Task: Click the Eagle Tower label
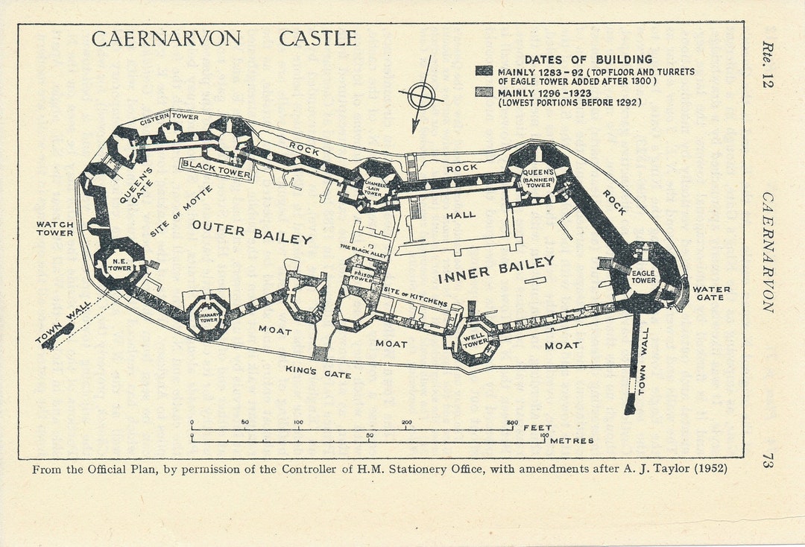(x=643, y=276)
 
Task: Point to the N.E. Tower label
(x=119, y=265)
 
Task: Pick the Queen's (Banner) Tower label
(x=538, y=179)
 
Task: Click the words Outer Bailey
(x=251, y=233)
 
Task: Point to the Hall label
(x=461, y=215)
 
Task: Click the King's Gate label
(x=318, y=372)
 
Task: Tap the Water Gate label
(x=711, y=294)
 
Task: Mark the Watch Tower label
(x=55, y=228)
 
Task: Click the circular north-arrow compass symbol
(x=421, y=95)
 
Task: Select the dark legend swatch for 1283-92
(x=484, y=72)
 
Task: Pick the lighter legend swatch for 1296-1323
(x=484, y=92)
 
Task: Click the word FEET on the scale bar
(x=537, y=428)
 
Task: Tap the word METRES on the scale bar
(x=572, y=440)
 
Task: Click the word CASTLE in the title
(x=318, y=39)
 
